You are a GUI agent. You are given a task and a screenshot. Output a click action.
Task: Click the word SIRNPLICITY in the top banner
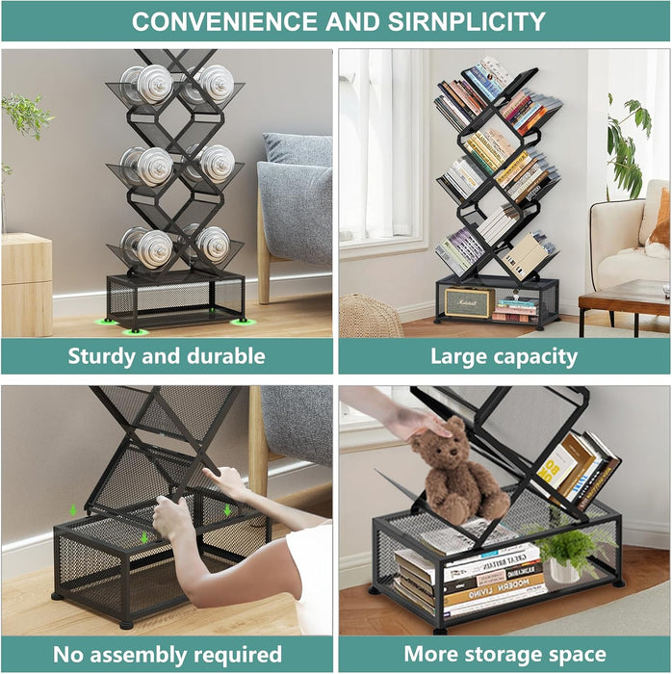click(467, 21)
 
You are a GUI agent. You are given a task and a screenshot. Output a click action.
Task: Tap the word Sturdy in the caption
click(101, 357)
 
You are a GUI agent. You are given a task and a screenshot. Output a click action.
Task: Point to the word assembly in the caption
click(139, 656)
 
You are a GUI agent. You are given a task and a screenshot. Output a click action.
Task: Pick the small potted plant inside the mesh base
click(566, 555)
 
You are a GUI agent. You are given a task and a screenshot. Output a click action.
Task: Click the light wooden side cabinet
click(27, 285)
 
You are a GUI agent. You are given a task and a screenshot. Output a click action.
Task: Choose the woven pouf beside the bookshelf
click(370, 317)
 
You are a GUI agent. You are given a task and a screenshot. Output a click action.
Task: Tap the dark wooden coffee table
click(624, 306)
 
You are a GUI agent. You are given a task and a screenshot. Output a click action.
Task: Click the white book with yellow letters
click(556, 467)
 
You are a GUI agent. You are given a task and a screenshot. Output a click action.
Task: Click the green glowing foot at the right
click(243, 322)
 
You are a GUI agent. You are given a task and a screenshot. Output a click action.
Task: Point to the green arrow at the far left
click(73, 510)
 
